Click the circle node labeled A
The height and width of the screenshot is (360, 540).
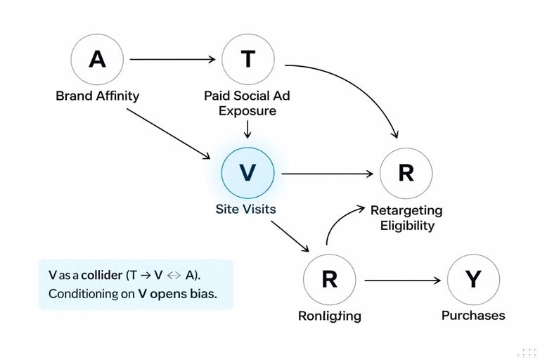(x=97, y=59)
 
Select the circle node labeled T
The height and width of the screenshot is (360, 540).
(x=247, y=59)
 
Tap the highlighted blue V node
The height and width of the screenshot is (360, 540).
(x=247, y=173)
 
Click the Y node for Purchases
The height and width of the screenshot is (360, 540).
(x=473, y=280)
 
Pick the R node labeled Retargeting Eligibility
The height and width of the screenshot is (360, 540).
(x=406, y=173)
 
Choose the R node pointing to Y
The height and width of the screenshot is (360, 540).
(x=329, y=280)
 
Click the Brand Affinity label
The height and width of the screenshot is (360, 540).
(x=97, y=96)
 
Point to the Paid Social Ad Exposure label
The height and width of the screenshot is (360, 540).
(x=247, y=103)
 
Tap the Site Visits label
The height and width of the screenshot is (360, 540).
(x=245, y=209)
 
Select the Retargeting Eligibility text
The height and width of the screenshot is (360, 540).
(x=406, y=217)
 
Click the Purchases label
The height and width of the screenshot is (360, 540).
(x=473, y=315)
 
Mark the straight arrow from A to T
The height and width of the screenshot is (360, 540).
(x=172, y=60)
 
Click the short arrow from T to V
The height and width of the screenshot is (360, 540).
(x=247, y=129)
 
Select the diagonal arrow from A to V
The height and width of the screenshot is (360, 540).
(x=169, y=134)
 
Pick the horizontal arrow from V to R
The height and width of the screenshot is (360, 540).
(x=327, y=173)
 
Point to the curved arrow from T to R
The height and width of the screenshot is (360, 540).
(x=359, y=88)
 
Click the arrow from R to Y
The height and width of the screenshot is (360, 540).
(x=402, y=281)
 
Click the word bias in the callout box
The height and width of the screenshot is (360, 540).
(x=202, y=294)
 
